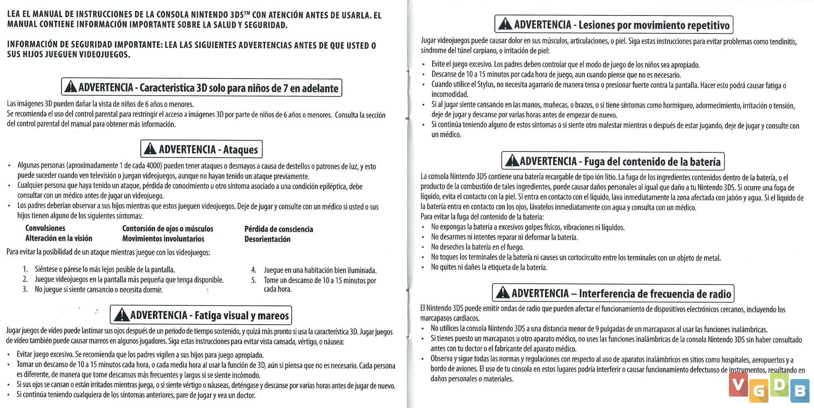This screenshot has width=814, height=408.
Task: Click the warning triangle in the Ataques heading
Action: click(150, 149)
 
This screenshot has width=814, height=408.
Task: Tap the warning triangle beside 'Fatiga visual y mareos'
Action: click(122, 315)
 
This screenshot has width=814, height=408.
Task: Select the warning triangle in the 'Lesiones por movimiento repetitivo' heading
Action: click(505, 24)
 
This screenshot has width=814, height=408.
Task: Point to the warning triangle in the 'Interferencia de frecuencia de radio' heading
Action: click(503, 293)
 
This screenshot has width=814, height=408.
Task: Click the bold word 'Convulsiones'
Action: click(45, 228)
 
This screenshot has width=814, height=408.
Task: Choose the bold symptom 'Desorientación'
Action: click(267, 239)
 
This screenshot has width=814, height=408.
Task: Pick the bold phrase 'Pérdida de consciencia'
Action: click(279, 229)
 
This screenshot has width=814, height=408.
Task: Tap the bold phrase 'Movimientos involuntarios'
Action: click(163, 239)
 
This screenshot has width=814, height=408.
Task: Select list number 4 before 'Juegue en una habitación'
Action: click(254, 270)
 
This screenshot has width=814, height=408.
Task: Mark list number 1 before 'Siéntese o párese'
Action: click(25, 269)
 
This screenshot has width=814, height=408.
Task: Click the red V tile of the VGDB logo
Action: click(738, 385)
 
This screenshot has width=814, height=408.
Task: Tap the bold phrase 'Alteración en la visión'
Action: click(59, 238)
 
